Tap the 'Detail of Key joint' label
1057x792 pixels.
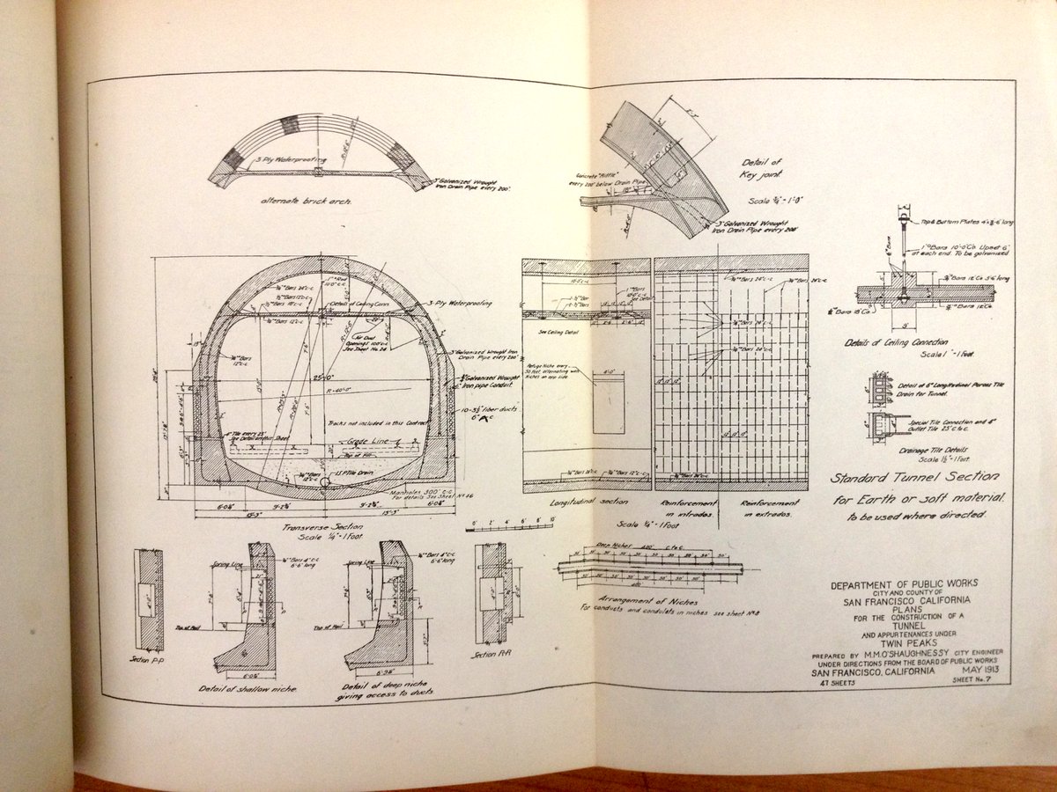pos(762,168)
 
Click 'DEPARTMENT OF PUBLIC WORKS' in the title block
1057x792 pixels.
pos(904,583)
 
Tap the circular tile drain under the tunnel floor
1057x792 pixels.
pos(326,482)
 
